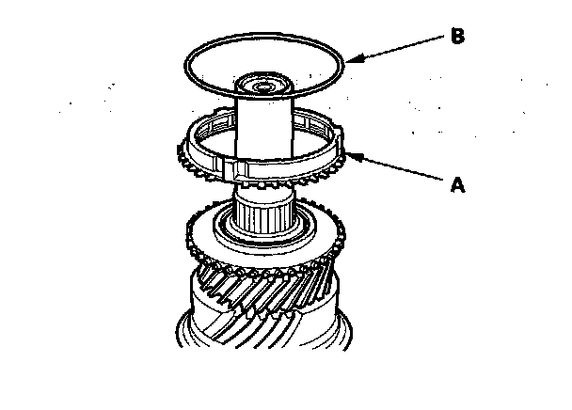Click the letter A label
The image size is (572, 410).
click(458, 185)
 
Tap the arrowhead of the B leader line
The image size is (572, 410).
click(350, 60)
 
